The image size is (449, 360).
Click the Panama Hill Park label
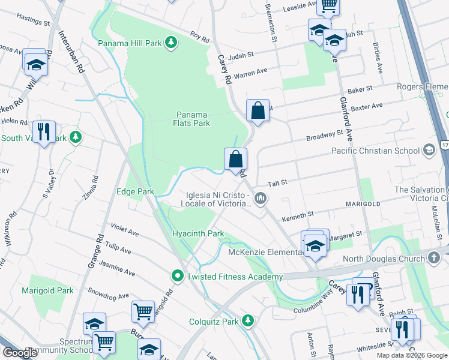coord(129,43)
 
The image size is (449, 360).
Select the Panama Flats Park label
coord(193,119)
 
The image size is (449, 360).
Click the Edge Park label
coord(134,191)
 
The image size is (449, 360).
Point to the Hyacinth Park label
coord(197,233)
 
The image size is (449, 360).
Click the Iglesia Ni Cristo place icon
coord(260,198)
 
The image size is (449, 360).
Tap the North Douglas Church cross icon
coord(435,259)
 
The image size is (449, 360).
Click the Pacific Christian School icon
coord(429,149)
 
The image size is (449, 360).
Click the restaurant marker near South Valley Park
coord(43,132)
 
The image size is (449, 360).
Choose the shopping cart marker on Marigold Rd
coord(142,311)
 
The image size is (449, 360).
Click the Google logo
coord(20,353)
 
